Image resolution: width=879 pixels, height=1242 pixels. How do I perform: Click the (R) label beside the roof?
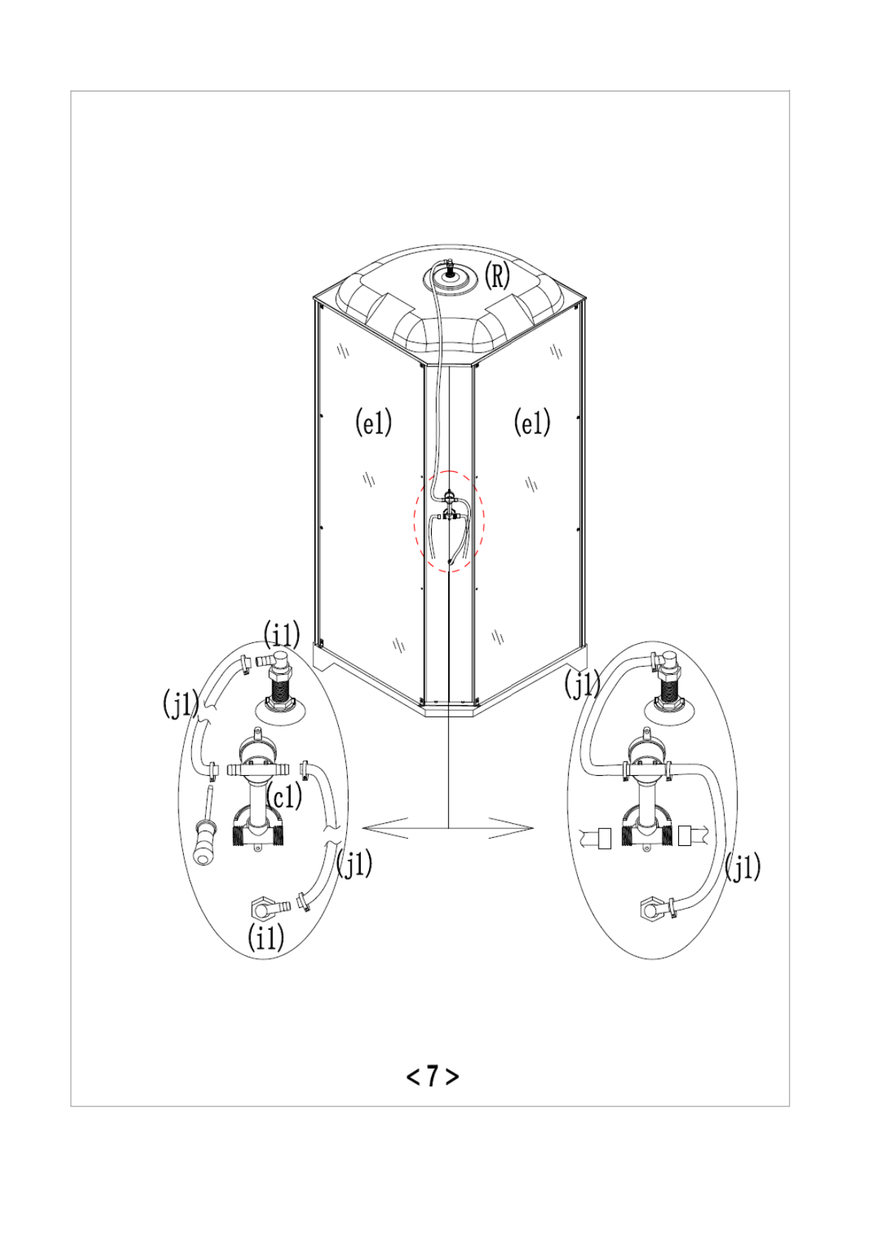pyautogui.click(x=497, y=276)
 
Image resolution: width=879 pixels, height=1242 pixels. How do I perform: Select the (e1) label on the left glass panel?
pyautogui.click(x=373, y=422)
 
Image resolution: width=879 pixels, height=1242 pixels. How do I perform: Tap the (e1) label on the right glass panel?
pyautogui.click(x=532, y=422)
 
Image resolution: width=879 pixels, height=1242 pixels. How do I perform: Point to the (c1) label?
pyautogui.click(x=284, y=797)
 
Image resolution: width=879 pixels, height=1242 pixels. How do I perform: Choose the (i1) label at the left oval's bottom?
pyautogui.click(x=266, y=937)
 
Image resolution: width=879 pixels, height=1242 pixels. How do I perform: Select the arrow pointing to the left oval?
pyautogui.click(x=386, y=828)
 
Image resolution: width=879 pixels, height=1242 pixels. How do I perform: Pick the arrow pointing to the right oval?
pyautogui.click(x=511, y=828)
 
